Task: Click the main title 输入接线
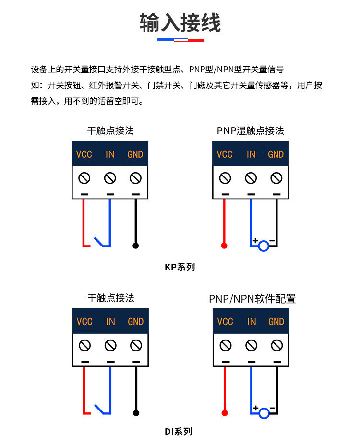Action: click(180, 23)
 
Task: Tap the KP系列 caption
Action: click(180, 267)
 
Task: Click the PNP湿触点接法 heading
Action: click(250, 130)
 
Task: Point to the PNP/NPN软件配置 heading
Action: click(252, 299)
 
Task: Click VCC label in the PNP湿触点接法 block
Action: click(224, 154)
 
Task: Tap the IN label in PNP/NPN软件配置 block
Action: click(251, 322)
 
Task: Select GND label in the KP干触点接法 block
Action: click(135, 154)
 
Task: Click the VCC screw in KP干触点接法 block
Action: click(84, 178)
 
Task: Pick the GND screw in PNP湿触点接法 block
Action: click(276, 178)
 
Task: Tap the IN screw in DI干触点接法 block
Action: click(110, 345)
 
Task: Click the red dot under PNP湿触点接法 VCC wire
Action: click(224, 246)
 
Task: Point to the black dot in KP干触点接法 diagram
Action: click(136, 246)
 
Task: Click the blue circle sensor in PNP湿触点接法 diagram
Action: click(264, 246)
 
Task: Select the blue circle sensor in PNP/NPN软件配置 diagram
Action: click(264, 413)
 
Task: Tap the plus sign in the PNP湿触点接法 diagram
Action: click(255, 240)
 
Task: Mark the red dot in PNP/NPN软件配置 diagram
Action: click(224, 413)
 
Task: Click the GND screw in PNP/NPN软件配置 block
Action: click(276, 345)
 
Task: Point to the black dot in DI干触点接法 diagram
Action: click(136, 413)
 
